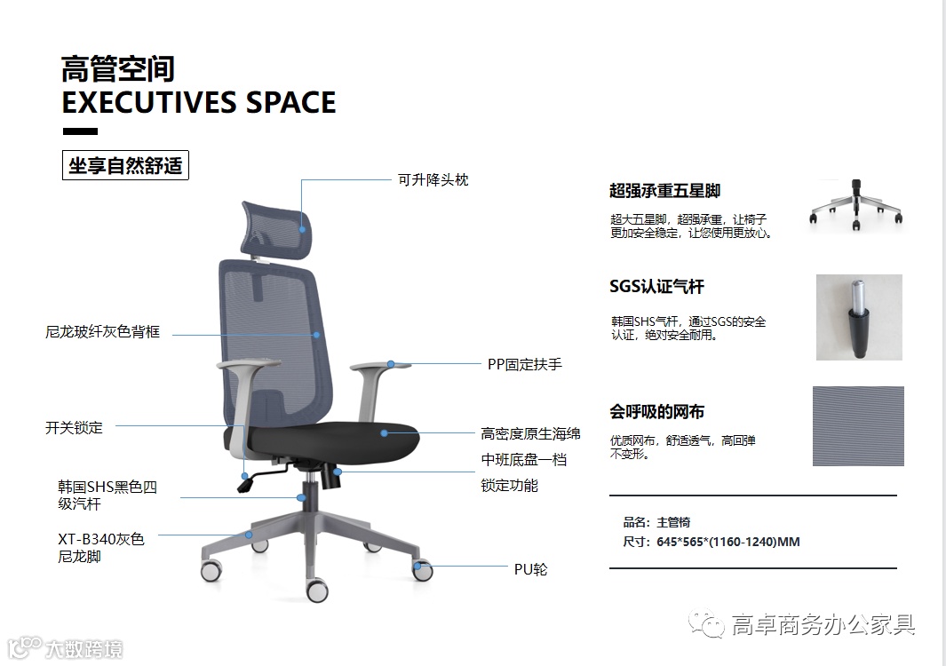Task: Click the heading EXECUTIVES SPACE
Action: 199,102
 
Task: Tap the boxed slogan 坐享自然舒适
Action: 125,166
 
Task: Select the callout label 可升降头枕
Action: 432,179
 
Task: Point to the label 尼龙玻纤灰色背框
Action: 103,332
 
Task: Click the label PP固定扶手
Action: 524,364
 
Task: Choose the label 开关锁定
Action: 74,427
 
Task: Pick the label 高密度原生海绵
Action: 530,433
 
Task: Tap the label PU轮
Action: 530,568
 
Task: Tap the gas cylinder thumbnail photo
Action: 858,317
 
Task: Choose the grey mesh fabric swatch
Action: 857,426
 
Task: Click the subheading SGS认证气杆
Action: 656,287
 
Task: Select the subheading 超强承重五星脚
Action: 664,190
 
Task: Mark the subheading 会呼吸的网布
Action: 656,411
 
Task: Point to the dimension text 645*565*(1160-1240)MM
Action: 727,542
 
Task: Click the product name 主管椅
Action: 673,522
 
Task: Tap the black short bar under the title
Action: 80,131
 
